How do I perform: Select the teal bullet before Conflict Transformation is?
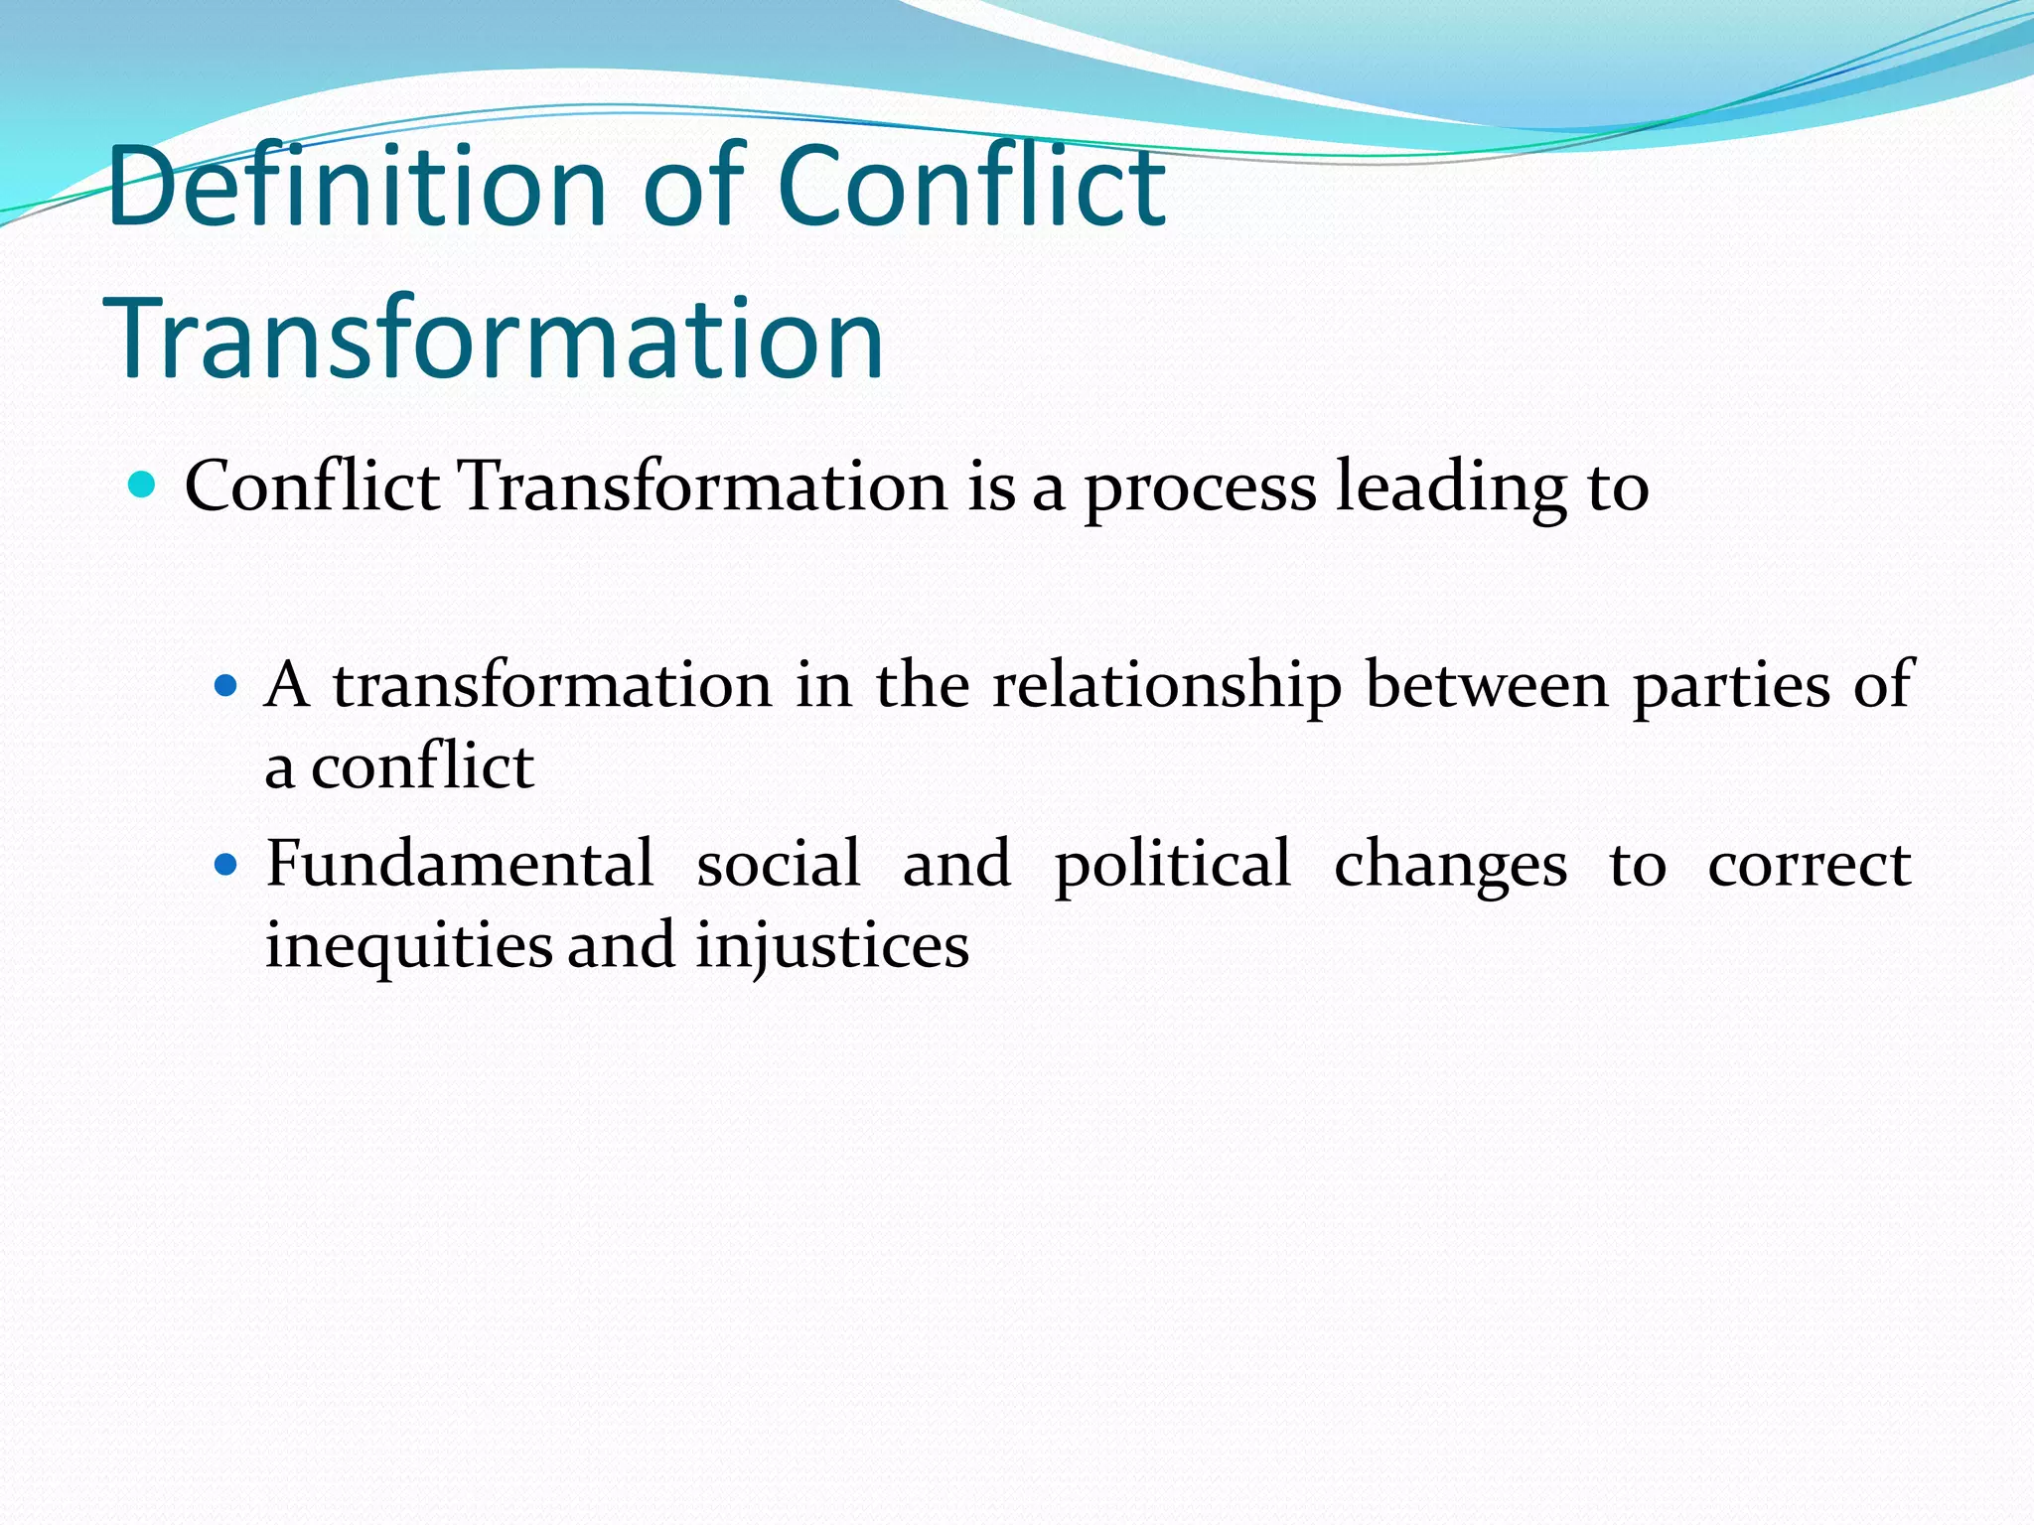coord(143,485)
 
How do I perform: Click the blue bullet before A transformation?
coord(226,685)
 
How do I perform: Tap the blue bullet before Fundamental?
coord(226,865)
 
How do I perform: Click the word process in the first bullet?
coord(1200,488)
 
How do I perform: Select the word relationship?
coord(1167,685)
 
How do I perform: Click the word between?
coord(1487,685)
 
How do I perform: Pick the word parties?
coord(1731,685)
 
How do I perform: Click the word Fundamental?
coord(460,863)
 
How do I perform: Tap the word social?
coord(778,863)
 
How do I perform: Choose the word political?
coord(1172,865)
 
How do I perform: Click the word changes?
coord(1450,865)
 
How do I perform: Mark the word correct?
coord(1809,863)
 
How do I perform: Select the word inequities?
coord(408,946)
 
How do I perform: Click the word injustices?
coord(831,946)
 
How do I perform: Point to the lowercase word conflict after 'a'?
coord(423,766)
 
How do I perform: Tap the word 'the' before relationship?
coord(922,685)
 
